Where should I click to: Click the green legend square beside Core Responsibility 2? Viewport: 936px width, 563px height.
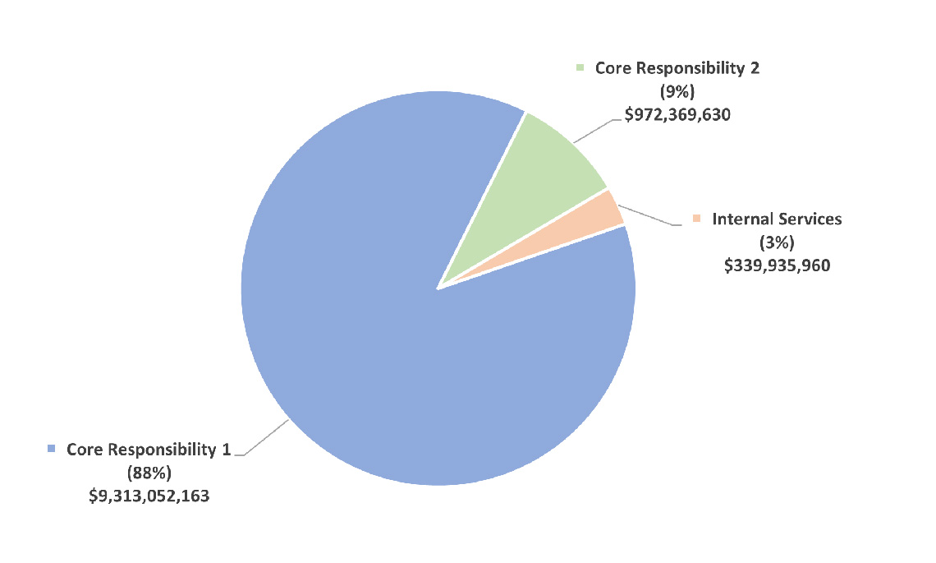(580, 68)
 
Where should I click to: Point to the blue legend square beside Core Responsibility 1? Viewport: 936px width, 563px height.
(51, 449)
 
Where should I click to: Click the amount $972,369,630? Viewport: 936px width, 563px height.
(677, 115)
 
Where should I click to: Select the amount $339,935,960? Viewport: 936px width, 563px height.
(777, 265)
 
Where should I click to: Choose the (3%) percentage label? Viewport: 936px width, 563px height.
(777, 242)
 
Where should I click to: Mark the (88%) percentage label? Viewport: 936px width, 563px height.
(149, 473)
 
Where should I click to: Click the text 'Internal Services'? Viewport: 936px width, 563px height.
(777, 219)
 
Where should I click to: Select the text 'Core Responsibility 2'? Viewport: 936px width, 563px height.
(677, 68)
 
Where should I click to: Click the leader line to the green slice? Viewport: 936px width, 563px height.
(593, 131)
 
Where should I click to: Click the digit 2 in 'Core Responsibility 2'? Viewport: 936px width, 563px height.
(754, 68)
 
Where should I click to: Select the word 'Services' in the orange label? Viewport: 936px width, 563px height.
(811, 219)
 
